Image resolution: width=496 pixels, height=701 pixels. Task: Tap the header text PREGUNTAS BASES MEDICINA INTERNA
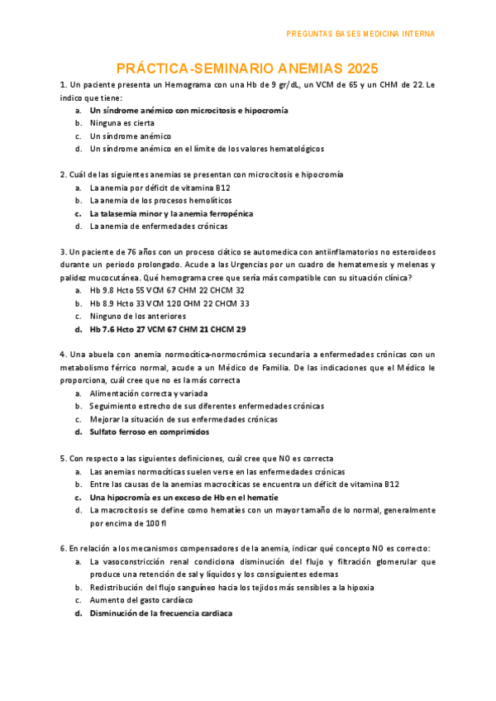[x=360, y=34]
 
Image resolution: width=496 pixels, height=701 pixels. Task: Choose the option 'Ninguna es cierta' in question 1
[x=122, y=123]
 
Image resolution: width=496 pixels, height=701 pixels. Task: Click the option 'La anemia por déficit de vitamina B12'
[x=160, y=188]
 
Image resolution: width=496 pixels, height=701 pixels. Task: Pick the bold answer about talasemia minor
[x=171, y=213]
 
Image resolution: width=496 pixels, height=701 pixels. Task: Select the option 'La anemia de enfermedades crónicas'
[x=159, y=226]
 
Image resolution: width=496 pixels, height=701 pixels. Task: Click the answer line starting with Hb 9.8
[x=167, y=290]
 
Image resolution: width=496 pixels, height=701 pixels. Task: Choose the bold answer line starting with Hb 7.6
[x=168, y=329]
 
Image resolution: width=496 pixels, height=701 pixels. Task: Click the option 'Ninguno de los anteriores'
[x=137, y=316]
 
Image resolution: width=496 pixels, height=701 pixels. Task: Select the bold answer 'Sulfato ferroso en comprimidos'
[x=150, y=432]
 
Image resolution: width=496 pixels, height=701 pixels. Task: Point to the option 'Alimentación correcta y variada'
[x=149, y=393]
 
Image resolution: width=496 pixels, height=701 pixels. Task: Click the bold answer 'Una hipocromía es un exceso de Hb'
[x=184, y=498]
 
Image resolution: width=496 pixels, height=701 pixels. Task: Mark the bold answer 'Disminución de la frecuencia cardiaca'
[x=161, y=613]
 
